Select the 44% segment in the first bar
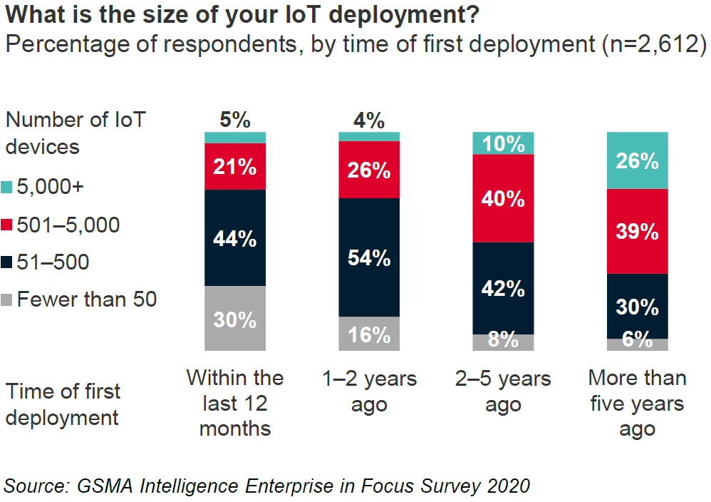pyautogui.click(x=235, y=237)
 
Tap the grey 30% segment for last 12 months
pyautogui.click(x=235, y=319)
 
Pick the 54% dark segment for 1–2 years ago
pyautogui.click(x=369, y=257)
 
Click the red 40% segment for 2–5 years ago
pyautogui.click(x=504, y=198)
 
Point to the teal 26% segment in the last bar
pyautogui.click(x=637, y=160)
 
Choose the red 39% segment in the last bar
pyautogui.click(x=637, y=231)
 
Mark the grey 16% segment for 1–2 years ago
pyautogui.click(x=369, y=334)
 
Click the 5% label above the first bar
pyautogui.click(x=235, y=120)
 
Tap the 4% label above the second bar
pyautogui.click(x=369, y=120)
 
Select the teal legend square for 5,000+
pyautogui.click(x=9, y=188)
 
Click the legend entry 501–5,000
pyautogui.click(x=68, y=225)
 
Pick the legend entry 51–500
pyautogui.click(x=53, y=262)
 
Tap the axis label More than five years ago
pyautogui.click(x=637, y=404)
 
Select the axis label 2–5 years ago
pyautogui.click(x=504, y=391)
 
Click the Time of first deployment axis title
pyautogui.click(x=63, y=404)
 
